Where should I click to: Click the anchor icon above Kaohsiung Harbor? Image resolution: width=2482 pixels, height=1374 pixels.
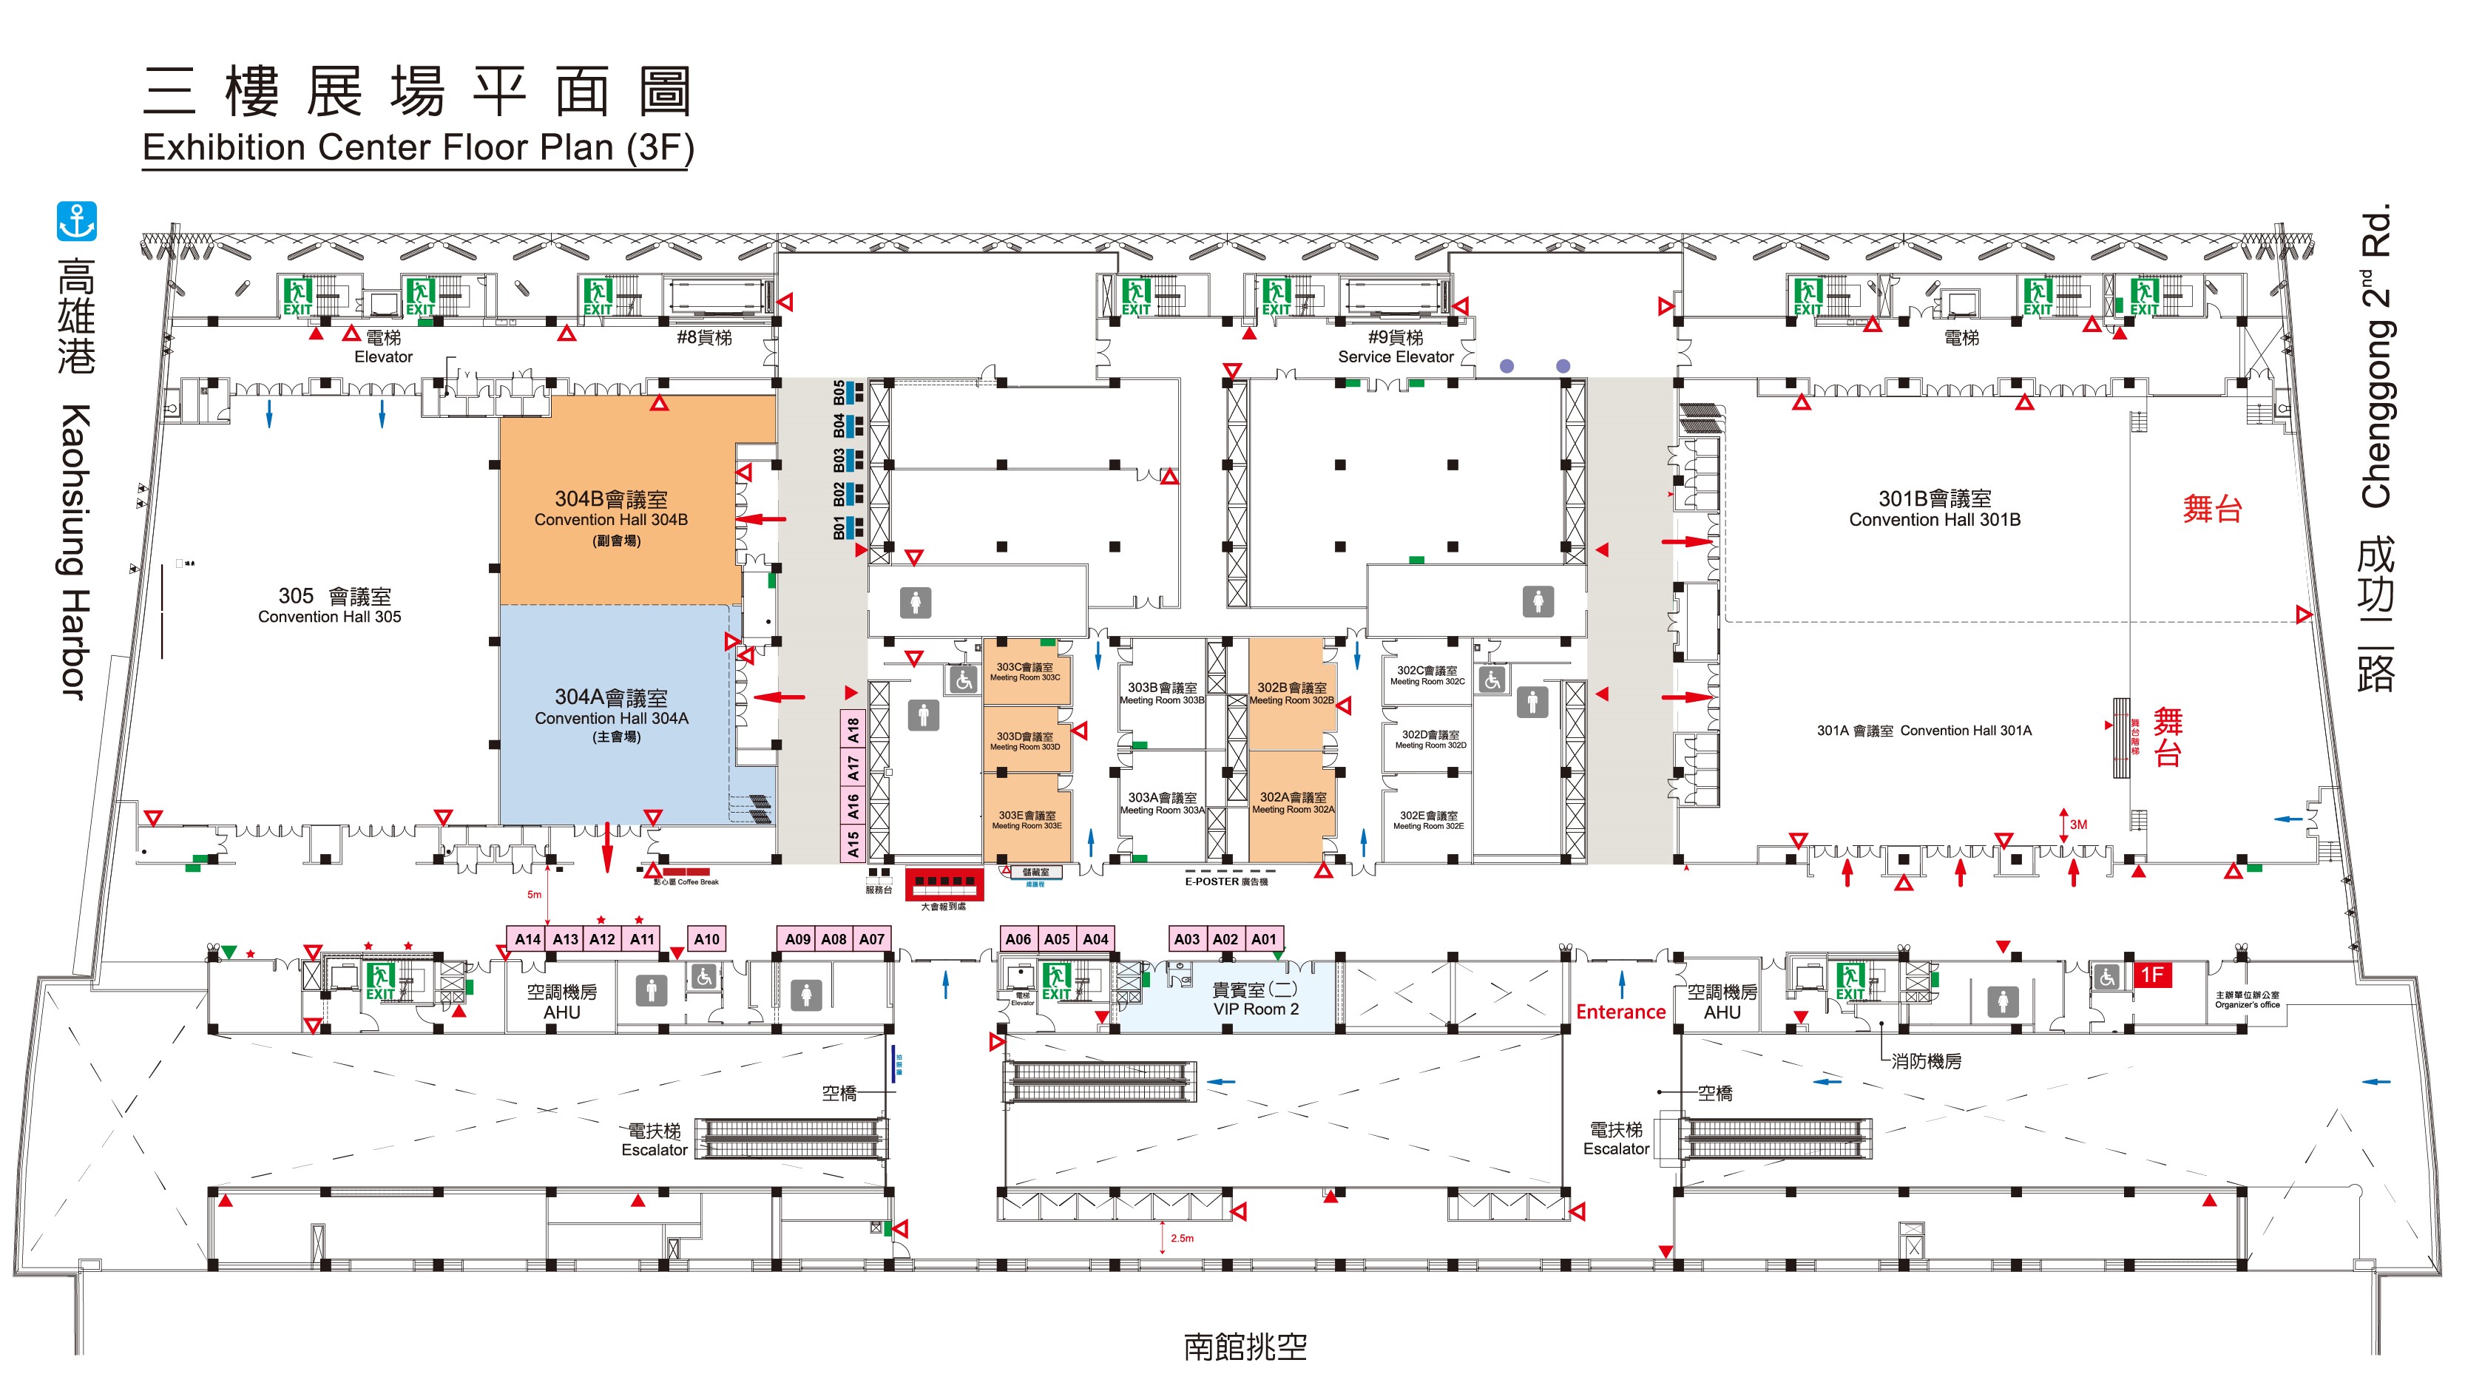(x=76, y=222)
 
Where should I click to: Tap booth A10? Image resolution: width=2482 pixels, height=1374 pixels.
(x=706, y=938)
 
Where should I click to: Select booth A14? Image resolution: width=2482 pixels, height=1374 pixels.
(x=527, y=938)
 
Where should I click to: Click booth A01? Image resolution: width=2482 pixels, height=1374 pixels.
(x=1263, y=938)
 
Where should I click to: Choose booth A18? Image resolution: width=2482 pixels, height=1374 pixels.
(x=853, y=731)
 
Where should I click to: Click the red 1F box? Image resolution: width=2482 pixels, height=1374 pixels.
(x=2152, y=974)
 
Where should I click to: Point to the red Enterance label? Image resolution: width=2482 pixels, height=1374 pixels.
(x=1620, y=1012)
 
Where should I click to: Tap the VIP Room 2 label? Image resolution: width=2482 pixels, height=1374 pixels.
(x=1256, y=1000)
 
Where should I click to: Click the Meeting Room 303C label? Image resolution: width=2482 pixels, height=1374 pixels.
(x=1025, y=671)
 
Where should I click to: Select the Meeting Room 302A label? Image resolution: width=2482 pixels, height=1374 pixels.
(x=1293, y=802)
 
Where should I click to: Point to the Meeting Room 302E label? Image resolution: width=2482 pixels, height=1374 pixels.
(x=1428, y=820)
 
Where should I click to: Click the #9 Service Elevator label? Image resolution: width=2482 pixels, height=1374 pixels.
(x=1395, y=347)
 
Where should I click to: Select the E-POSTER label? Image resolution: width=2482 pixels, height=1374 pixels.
(x=1225, y=881)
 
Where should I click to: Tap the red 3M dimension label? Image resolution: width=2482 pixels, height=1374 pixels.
(x=2078, y=825)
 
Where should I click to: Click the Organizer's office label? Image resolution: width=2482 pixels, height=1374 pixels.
(x=2247, y=999)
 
